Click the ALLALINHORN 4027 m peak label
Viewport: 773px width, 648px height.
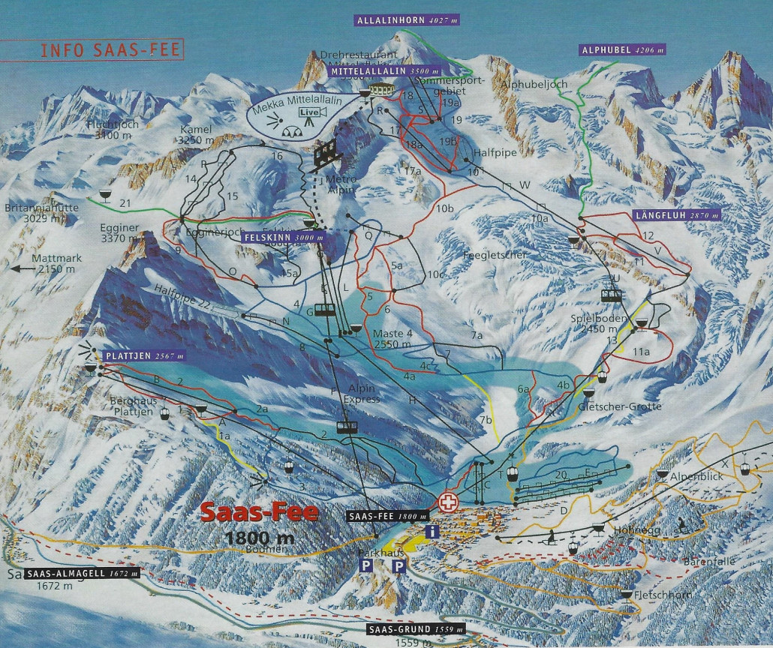click(x=406, y=20)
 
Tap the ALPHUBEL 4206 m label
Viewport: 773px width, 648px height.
click(x=621, y=50)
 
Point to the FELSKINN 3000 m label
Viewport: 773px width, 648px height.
click(x=283, y=238)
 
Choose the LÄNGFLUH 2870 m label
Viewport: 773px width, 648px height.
click(x=680, y=215)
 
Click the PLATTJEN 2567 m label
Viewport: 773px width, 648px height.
click(x=145, y=355)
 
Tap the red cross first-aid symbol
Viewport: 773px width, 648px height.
click(x=448, y=501)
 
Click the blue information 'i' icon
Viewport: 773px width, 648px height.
click(x=432, y=531)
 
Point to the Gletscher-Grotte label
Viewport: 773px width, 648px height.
click(x=609, y=406)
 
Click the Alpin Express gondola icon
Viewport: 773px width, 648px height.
click(x=346, y=427)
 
